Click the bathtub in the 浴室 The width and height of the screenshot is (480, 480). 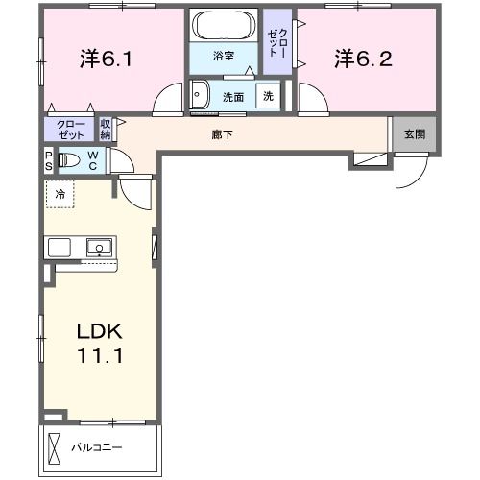click(x=223, y=25)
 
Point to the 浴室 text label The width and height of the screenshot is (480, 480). click(x=223, y=57)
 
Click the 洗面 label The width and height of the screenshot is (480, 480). click(x=232, y=97)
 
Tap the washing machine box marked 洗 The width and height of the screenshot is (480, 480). click(x=269, y=96)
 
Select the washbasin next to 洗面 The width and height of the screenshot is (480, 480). click(x=201, y=95)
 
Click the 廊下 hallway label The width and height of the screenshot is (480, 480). click(x=222, y=134)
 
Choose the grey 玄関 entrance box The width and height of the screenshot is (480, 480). click(x=413, y=134)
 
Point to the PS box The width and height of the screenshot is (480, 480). click(x=48, y=160)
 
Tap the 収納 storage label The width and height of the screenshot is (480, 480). click(x=106, y=129)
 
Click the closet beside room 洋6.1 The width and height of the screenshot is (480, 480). click(x=69, y=129)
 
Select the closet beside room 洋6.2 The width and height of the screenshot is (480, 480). click(x=279, y=43)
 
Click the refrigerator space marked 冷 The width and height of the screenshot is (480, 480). click(x=60, y=193)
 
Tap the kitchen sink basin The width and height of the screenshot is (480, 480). click(x=99, y=248)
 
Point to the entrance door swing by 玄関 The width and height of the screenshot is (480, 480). click(x=408, y=173)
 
